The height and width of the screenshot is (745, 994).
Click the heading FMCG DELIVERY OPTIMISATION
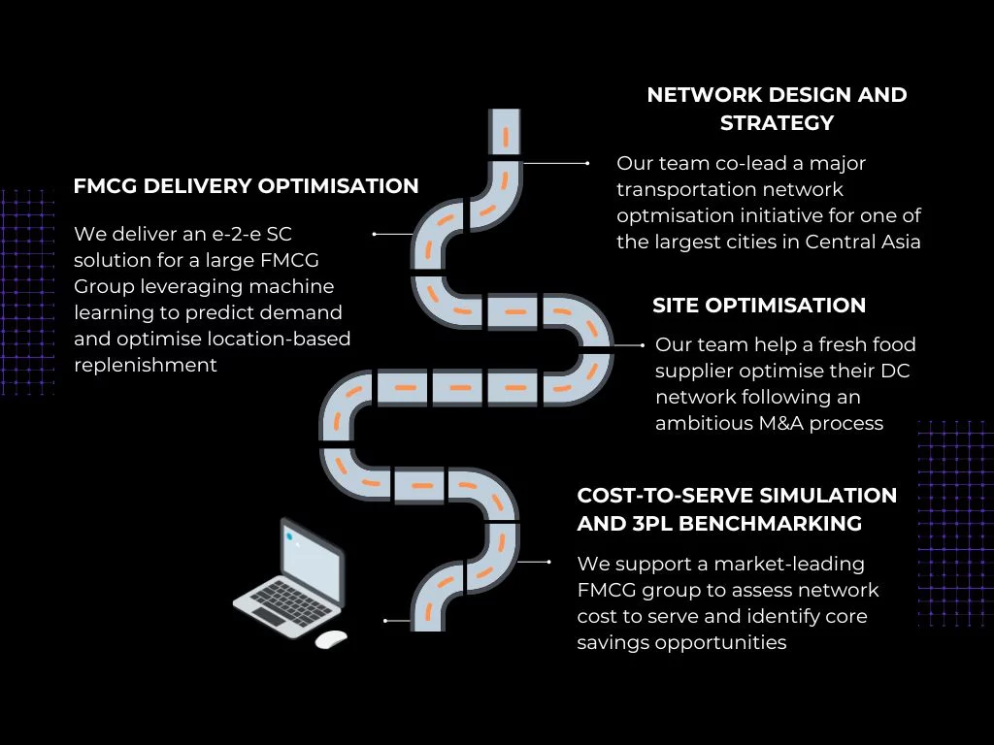[246, 185]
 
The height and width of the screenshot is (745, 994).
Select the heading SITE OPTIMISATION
[759, 305]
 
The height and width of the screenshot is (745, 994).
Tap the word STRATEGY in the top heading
[777, 122]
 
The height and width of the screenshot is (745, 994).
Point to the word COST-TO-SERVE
[665, 495]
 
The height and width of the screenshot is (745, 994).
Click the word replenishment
[146, 366]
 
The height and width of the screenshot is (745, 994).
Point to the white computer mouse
[331, 639]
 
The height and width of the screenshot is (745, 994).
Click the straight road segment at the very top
[505, 132]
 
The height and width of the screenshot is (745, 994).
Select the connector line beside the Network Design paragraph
[556, 163]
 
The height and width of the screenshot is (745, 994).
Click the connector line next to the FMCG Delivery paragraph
[393, 235]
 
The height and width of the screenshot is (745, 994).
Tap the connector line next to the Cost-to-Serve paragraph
[534, 562]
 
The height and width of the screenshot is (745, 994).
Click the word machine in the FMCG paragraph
[291, 286]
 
